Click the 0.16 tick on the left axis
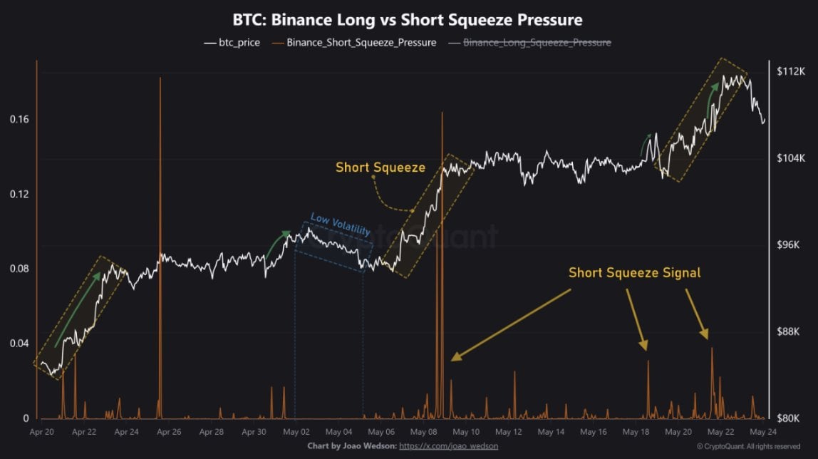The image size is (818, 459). pyautogui.click(x=19, y=119)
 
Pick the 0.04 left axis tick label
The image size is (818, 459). pyautogui.click(x=19, y=344)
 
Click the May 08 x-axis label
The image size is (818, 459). pyautogui.click(x=424, y=432)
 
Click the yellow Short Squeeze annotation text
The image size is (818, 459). pyautogui.click(x=380, y=167)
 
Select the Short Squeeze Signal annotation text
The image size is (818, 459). pyautogui.click(x=634, y=272)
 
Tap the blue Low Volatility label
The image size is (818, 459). pyautogui.click(x=341, y=226)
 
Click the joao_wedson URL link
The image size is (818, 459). pyautogui.click(x=448, y=446)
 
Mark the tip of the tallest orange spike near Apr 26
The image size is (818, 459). pyautogui.click(x=160, y=78)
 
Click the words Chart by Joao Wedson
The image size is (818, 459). pyautogui.click(x=351, y=446)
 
